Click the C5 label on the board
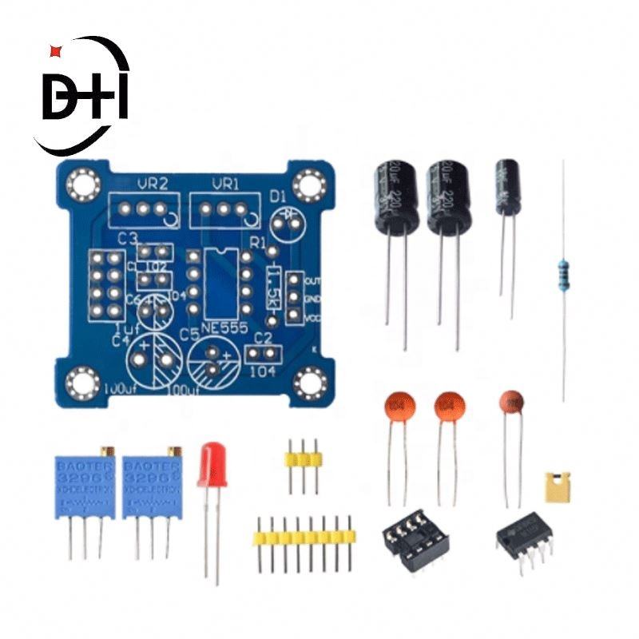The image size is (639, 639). coord(189,333)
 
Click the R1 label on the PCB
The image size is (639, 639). coord(259,241)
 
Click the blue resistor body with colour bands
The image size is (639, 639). coord(565,271)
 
